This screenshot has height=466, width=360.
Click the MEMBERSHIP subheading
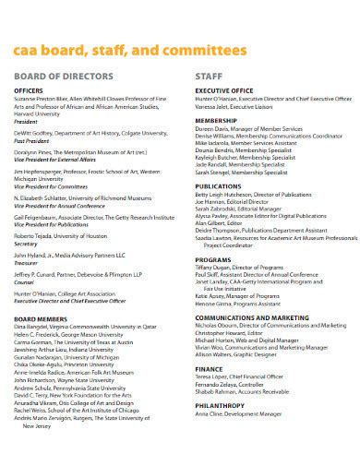click(x=217, y=119)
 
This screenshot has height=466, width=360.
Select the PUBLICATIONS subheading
click(x=219, y=186)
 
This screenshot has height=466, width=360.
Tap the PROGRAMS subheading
click(x=213, y=261)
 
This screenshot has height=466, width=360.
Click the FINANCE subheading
click(x=209, y=367)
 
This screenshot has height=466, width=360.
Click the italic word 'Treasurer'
click(x=27, y=262)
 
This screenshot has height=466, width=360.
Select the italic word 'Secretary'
click(x=27, y=243)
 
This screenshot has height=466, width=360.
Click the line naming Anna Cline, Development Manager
click(x=238, y=414)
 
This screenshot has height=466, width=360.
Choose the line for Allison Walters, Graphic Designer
click(x=238, y=354)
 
